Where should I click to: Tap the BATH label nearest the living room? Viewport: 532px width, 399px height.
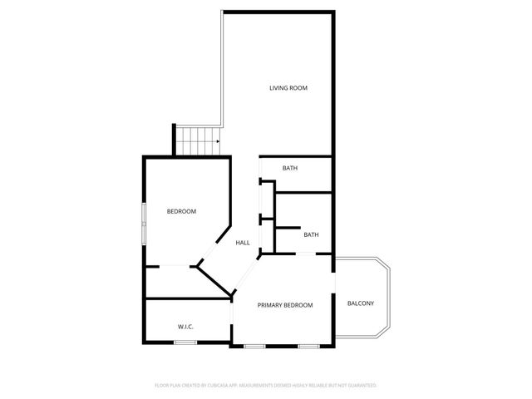289,169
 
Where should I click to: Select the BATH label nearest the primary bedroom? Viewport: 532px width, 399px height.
311,234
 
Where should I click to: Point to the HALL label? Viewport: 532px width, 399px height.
243,243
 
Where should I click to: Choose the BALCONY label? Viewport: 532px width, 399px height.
360,303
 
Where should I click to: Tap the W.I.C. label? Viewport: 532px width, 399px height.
185,327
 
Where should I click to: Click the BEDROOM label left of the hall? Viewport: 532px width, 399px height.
181,211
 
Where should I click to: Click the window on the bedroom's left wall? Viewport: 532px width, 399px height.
144,223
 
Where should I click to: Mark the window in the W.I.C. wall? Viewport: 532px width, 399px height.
185,342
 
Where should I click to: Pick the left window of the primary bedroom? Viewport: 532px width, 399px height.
254,345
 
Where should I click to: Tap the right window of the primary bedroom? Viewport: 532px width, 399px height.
308,345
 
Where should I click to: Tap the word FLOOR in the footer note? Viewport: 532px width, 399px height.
162,386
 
